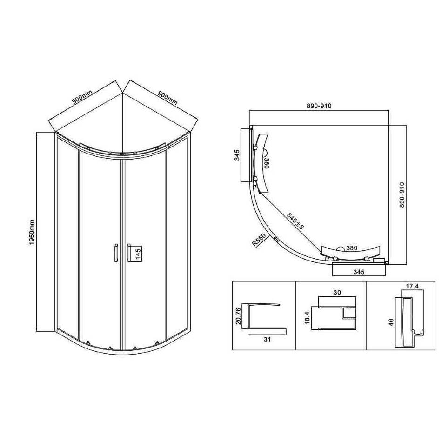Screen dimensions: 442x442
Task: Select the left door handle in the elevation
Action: (x=116, y=253)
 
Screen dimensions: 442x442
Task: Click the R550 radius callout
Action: (x=259, y=239)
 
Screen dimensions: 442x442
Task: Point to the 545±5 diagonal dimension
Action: (x=295, y=221)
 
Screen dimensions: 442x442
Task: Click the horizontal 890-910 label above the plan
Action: (x=319, y=106)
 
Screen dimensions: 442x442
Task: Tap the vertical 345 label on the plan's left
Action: (x=237, y=155)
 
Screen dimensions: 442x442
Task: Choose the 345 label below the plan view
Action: (x=359, y=272)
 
